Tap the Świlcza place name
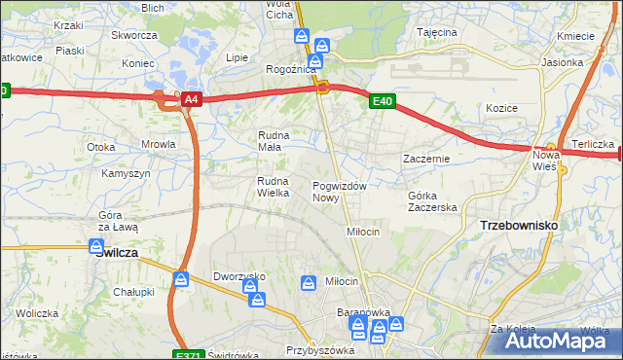(x=117, y=252)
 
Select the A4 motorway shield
(x=192, y=99)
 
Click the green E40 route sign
(x=382, y=100)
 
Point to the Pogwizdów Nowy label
(x=339, y=192)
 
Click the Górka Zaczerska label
(x=432, y=201)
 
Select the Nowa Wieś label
(x=545, y=161)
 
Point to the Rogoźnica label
(x=291, y=70)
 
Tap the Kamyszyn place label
(x=126, y=173)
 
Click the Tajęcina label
(x=437, y=32)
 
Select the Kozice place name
(x=501, y=108)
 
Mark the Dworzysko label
(x=239, y=276)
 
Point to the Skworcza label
(x=134, y=35)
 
